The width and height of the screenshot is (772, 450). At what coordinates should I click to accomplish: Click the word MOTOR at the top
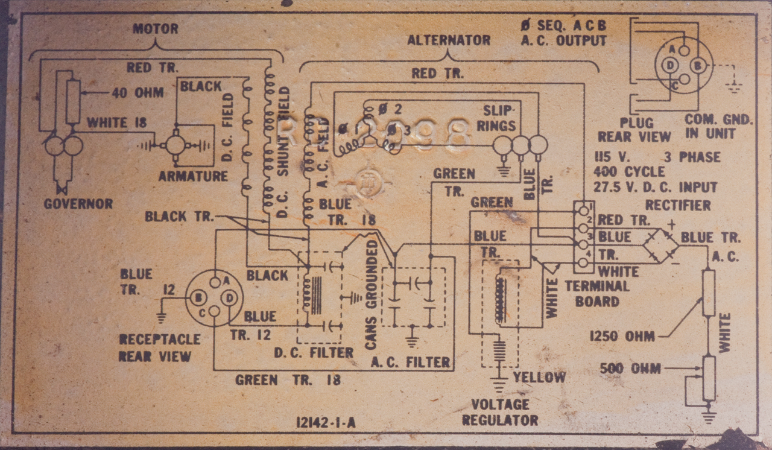155,29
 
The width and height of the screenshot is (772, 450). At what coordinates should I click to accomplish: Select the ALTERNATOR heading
448,40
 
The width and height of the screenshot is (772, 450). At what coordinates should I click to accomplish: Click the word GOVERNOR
78,204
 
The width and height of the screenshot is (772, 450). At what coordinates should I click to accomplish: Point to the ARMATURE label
193,177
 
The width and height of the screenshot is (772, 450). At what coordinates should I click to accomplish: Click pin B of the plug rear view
697,65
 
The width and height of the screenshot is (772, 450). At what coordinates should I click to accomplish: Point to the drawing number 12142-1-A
326,422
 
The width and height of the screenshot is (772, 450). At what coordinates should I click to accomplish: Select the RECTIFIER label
678,205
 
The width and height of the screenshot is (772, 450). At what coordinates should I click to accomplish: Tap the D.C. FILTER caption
314,353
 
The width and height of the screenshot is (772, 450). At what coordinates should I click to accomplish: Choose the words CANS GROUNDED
371,295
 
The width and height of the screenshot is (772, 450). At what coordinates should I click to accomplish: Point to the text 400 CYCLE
629,173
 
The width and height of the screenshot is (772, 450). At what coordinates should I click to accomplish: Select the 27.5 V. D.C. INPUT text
655,188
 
